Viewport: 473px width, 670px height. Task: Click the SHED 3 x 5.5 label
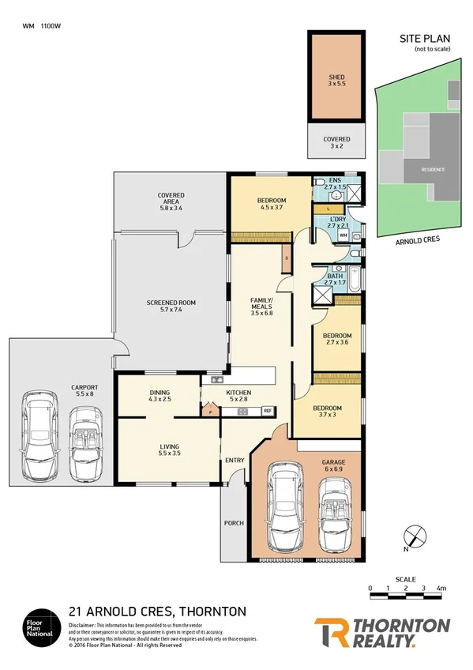(x=336, y=81)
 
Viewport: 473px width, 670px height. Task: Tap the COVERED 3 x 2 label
(x=336, y=143)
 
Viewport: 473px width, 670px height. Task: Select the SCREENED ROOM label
(x=171, y=307)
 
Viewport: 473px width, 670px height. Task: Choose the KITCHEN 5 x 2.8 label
(x=239, y=397)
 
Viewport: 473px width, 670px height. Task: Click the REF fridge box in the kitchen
(x=268, y=411)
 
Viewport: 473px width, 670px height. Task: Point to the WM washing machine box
(x=343, y=235)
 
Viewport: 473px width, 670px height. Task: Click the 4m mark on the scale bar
(x=441, y=589)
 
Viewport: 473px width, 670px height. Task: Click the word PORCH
(x=233, y=522)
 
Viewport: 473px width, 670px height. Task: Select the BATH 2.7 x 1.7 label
(x=336, y=279)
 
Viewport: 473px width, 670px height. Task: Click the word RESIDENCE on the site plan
(x=432, y=170)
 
